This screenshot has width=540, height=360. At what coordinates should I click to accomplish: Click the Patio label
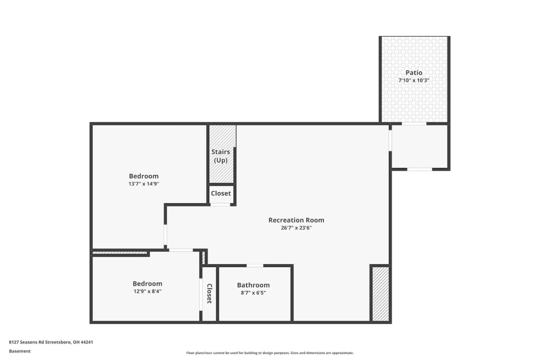tap(414, 72)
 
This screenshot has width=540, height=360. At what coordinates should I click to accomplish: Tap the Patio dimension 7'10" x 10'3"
tap(414, 80)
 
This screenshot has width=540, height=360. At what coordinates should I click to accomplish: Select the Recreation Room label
tap(296, 220)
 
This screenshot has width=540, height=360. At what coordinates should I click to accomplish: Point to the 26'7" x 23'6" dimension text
tap(296, 228)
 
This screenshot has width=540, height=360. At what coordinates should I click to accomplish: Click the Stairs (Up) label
tap(221, 156)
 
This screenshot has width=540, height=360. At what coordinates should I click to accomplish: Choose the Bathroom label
tap(253, 285)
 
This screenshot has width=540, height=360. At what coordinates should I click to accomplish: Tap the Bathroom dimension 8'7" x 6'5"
tap(253, 293)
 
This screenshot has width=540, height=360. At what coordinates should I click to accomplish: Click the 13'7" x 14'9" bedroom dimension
tap(144, 184)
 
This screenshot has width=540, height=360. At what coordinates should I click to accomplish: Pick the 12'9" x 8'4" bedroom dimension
tap(147, 291)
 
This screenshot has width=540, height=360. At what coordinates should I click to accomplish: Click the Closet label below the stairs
tap(221, 193)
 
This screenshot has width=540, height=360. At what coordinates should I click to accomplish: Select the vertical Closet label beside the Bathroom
tap(210, 294)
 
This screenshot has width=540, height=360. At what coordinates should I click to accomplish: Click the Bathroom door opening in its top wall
tap(255, 266)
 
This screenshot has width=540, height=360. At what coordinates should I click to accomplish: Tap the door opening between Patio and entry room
tap(414, 124)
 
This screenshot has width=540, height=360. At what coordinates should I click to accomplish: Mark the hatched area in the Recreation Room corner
tap(381, 294)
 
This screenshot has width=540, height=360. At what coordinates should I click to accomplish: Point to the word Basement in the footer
tap(20, 351)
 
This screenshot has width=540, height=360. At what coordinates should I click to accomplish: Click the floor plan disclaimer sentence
tap(270, 353)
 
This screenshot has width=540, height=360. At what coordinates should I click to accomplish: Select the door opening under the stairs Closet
tap(220, 204)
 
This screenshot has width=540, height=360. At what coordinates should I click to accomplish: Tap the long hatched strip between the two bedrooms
tap(120, 253)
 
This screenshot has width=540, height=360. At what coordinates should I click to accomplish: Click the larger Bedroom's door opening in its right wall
tap(165, 235)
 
